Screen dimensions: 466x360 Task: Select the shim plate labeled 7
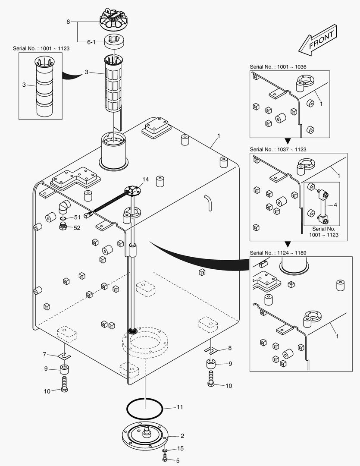64,356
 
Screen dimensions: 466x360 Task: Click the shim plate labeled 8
210,349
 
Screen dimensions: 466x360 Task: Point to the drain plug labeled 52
63,227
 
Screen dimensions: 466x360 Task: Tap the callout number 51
77,217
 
